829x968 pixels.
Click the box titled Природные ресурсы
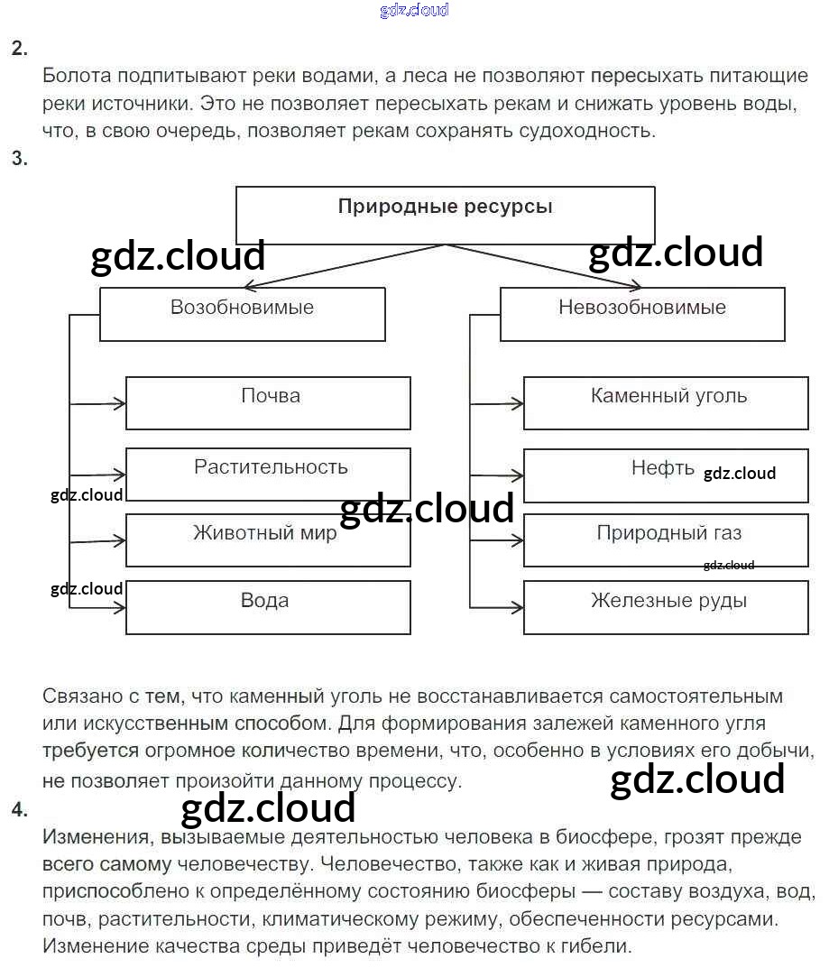(x=445, y=215)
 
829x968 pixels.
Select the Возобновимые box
(x=242, y=313)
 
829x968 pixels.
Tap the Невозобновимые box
(x=641, y=313)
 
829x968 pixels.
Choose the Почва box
(x=268, y=402)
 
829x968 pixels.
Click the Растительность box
(x=268, y=474)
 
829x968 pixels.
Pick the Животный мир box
(x=268, y=539)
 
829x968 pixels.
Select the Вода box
(x=268, y=606)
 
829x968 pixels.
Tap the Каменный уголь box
(x=666, y=402)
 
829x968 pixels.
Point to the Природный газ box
(x=666, y=539)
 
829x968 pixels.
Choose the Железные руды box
(x=666, y=606)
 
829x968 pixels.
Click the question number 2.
(x=19, y=49)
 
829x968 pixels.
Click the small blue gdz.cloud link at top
(x=414, y=11)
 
